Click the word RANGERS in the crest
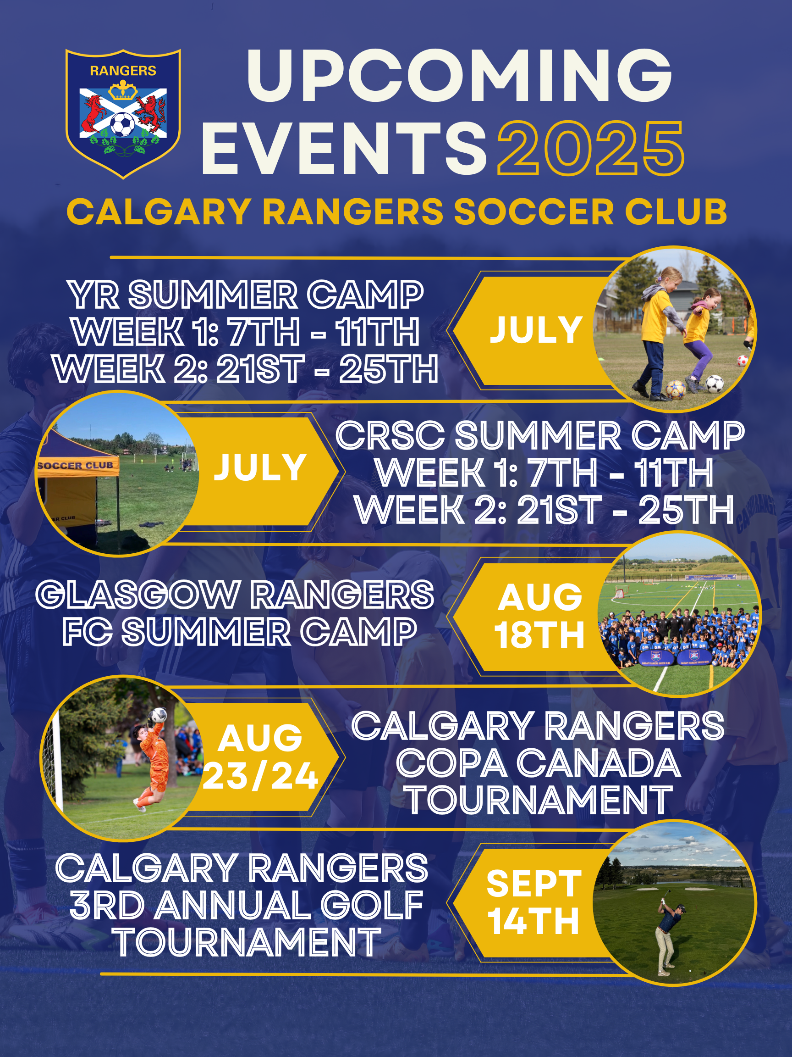point(123,71)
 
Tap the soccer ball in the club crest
point(123,124)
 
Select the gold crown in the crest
point(123,90)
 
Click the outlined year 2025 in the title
point(591,148)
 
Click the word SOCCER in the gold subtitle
point(533,211)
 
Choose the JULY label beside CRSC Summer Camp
point(260,467)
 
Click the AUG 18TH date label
point(539,617)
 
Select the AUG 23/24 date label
point(261,757)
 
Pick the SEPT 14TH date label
point(533,903)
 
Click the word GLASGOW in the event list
point(137,595)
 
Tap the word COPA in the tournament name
point(451,763)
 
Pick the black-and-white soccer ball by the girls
point(714,383)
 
